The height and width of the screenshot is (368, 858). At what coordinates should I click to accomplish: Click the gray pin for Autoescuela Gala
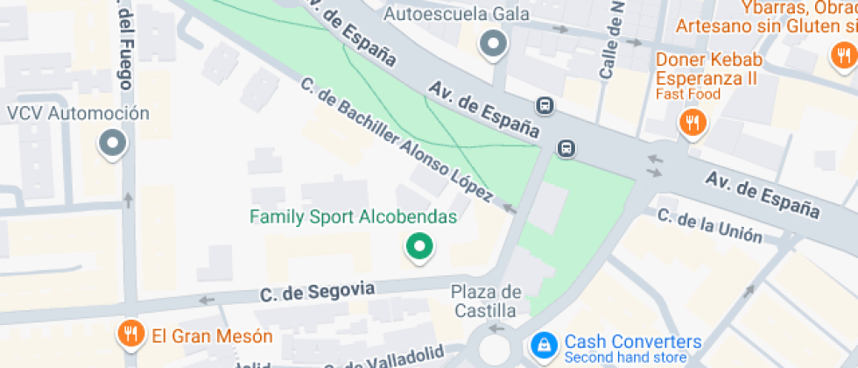click(494, 44)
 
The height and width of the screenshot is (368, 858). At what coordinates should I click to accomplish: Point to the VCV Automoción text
click(78, 114)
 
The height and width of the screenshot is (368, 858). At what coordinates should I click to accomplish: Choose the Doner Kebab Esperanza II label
click(710, 69)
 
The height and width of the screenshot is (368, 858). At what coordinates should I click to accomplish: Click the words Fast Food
click(687, 94)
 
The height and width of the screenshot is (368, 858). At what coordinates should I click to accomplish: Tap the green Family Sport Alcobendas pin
click(419, 248)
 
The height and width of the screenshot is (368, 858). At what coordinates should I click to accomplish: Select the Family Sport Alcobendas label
click(353, 216)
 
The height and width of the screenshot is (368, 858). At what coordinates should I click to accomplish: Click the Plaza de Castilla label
click(486, 301)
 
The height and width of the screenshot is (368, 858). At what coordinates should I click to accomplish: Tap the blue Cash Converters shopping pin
click(544, 343)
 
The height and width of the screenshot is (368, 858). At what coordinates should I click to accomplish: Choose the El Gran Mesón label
click(212, 336)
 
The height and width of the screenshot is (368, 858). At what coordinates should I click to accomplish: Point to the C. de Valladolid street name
click(385, 359)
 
